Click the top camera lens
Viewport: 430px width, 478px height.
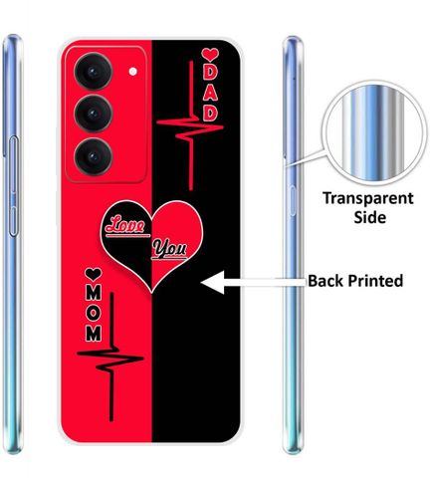(94, 72)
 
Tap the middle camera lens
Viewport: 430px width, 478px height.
(94, 114)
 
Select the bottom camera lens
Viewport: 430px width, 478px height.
(94, 156)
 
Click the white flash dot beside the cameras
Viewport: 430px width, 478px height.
(133, 72)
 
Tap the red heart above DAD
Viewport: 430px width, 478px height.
(210, 54)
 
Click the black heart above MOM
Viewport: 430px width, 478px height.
(94, 275)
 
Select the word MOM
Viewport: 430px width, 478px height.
(94, 314)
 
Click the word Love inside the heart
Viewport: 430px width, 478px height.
(125, 225)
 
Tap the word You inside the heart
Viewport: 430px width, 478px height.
(169, 249)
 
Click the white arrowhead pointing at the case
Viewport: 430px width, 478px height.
(213, 282)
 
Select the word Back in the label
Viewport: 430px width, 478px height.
(324, 281)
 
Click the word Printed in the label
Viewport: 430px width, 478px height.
(375, 281)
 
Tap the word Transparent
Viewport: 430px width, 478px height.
(368, 198)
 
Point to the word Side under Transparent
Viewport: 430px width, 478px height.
(369, 217)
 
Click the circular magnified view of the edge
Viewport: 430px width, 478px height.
(374, 132)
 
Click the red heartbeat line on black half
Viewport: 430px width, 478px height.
(190, 125)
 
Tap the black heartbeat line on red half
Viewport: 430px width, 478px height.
(111, 357)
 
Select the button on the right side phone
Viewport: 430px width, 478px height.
(293, 201)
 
